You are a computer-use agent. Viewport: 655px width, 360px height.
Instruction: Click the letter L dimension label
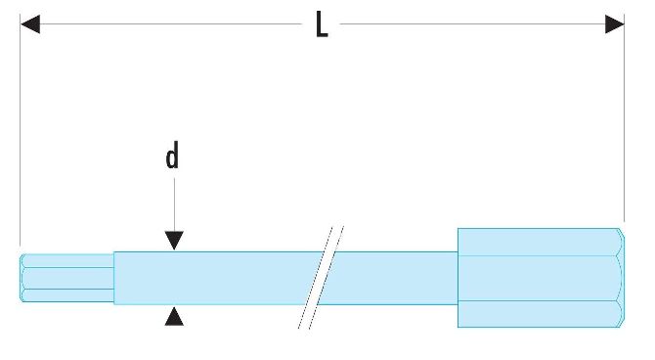(322, 24)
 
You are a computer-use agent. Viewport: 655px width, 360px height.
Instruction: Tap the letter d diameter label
(172, 156)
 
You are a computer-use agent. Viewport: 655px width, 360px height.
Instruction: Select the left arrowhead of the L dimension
(30, 23)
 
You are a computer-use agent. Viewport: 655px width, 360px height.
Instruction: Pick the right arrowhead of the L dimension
(615, 23)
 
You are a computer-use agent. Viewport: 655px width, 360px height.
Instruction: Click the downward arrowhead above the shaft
(174, 241)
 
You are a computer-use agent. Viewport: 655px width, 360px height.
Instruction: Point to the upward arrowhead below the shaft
(174, 316)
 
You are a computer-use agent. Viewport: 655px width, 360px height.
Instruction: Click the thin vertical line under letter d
(174, 204)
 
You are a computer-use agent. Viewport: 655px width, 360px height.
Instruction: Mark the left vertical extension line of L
(21, 129)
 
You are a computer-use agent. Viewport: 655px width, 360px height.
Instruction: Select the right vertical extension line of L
(624, 117)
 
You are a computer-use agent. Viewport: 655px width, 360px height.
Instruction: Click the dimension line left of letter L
(171, 23)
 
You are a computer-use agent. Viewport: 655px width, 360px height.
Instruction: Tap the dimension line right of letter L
(472, 23)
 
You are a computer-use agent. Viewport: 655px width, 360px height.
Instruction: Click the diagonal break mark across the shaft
(321, 278)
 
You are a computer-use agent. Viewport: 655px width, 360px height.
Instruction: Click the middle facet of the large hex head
(539, 278)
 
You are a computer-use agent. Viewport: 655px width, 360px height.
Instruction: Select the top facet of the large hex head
(539, 242)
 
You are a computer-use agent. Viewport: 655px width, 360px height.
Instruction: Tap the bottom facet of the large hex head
(539, 314)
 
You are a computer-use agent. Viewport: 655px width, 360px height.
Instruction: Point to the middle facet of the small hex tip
(67, 278)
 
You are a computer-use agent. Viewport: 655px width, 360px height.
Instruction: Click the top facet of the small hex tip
(67, 261)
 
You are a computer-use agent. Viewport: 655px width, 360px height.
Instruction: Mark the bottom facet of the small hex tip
(67, 295)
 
